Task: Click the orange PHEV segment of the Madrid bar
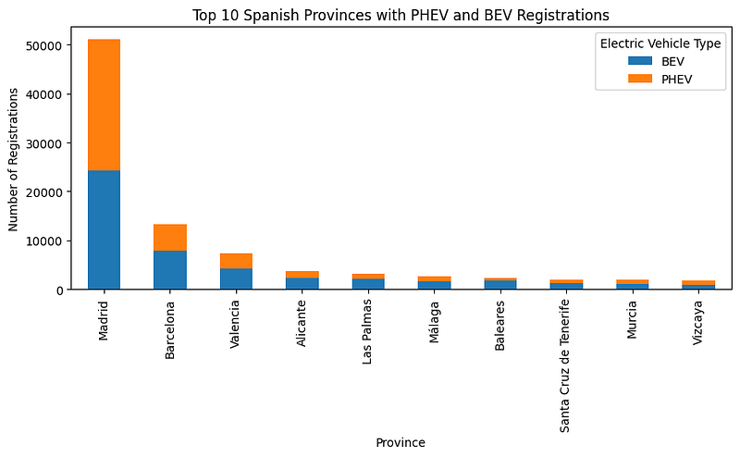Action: (104, 105)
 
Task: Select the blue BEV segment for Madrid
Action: (104, 230)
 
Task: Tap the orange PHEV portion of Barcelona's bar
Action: (170, 238)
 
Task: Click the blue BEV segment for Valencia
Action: (236, 278)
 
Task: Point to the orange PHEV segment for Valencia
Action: (236, 261)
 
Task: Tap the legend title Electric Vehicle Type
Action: (660, 43)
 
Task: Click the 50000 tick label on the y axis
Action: (43, 45)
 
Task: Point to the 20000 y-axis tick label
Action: (43, 192)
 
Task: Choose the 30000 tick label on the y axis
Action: (43, 143)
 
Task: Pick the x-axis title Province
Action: (401, 443)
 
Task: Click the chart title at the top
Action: (401, 15)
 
